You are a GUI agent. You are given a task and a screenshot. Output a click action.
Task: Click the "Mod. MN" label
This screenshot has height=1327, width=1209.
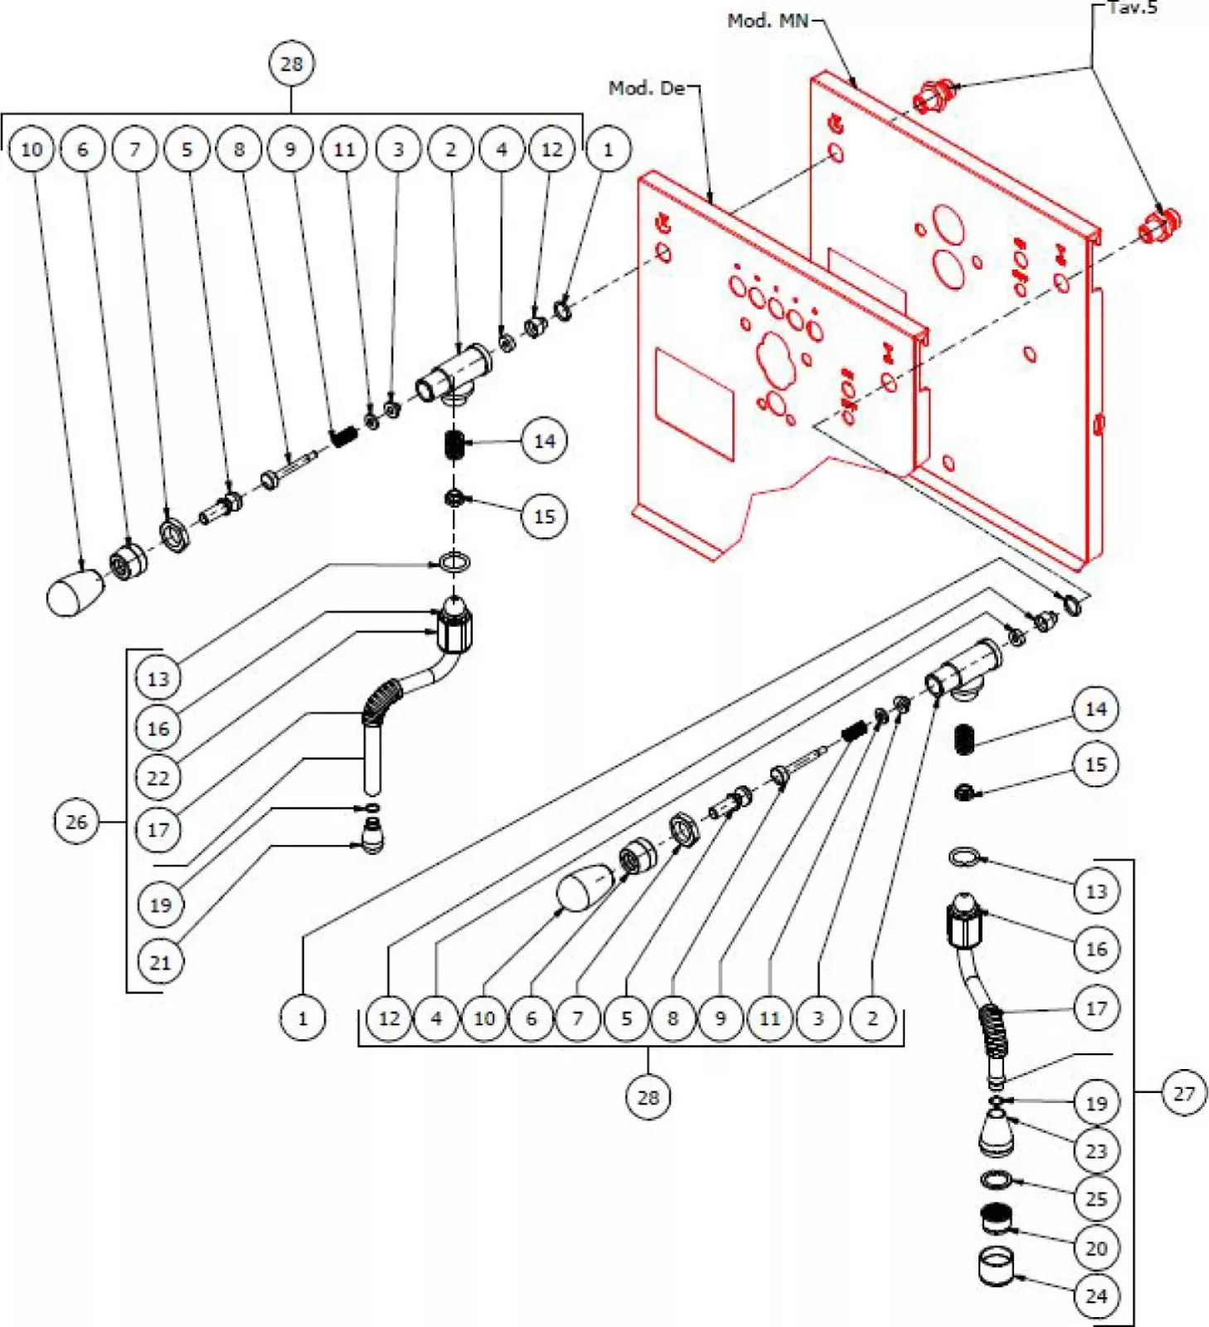tap(766, 21)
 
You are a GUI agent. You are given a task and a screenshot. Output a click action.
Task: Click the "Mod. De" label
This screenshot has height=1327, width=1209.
tap(647, 88)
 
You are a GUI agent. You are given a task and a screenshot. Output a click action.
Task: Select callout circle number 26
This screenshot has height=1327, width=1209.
tap(75, 822)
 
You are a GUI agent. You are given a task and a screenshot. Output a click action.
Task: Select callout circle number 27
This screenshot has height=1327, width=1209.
tap(1183, 1093)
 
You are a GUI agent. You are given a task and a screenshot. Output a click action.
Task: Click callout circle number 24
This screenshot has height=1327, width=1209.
tap(1095, 1295)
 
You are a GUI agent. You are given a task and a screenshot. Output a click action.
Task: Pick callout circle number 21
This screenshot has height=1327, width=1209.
tap(159, 962)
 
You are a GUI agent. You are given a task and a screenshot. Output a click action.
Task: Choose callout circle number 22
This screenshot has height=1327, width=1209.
tap(158, 778)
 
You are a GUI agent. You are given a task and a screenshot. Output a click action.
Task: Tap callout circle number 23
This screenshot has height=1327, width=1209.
tap(1095, 1150)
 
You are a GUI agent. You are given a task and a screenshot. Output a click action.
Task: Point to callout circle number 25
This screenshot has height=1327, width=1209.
tap(1095, 1198)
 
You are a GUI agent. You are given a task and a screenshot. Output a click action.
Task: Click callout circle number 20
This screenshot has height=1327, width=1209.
tap(1095, 1247)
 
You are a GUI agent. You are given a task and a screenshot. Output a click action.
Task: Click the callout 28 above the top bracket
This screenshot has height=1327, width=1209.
tap(291, 64)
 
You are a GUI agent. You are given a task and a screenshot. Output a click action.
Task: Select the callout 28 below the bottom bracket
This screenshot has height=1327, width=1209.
tap(648, 1097)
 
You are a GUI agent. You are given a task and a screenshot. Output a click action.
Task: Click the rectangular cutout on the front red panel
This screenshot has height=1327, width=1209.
tap(694, 403)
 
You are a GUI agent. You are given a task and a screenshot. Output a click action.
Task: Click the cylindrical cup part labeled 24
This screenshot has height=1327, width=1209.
tap(997, 1266)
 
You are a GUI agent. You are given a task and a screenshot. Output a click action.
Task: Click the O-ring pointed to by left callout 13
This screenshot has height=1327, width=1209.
tap(454, 564)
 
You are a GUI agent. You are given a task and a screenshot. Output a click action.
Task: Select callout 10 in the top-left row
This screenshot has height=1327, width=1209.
tap(31, 149)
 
